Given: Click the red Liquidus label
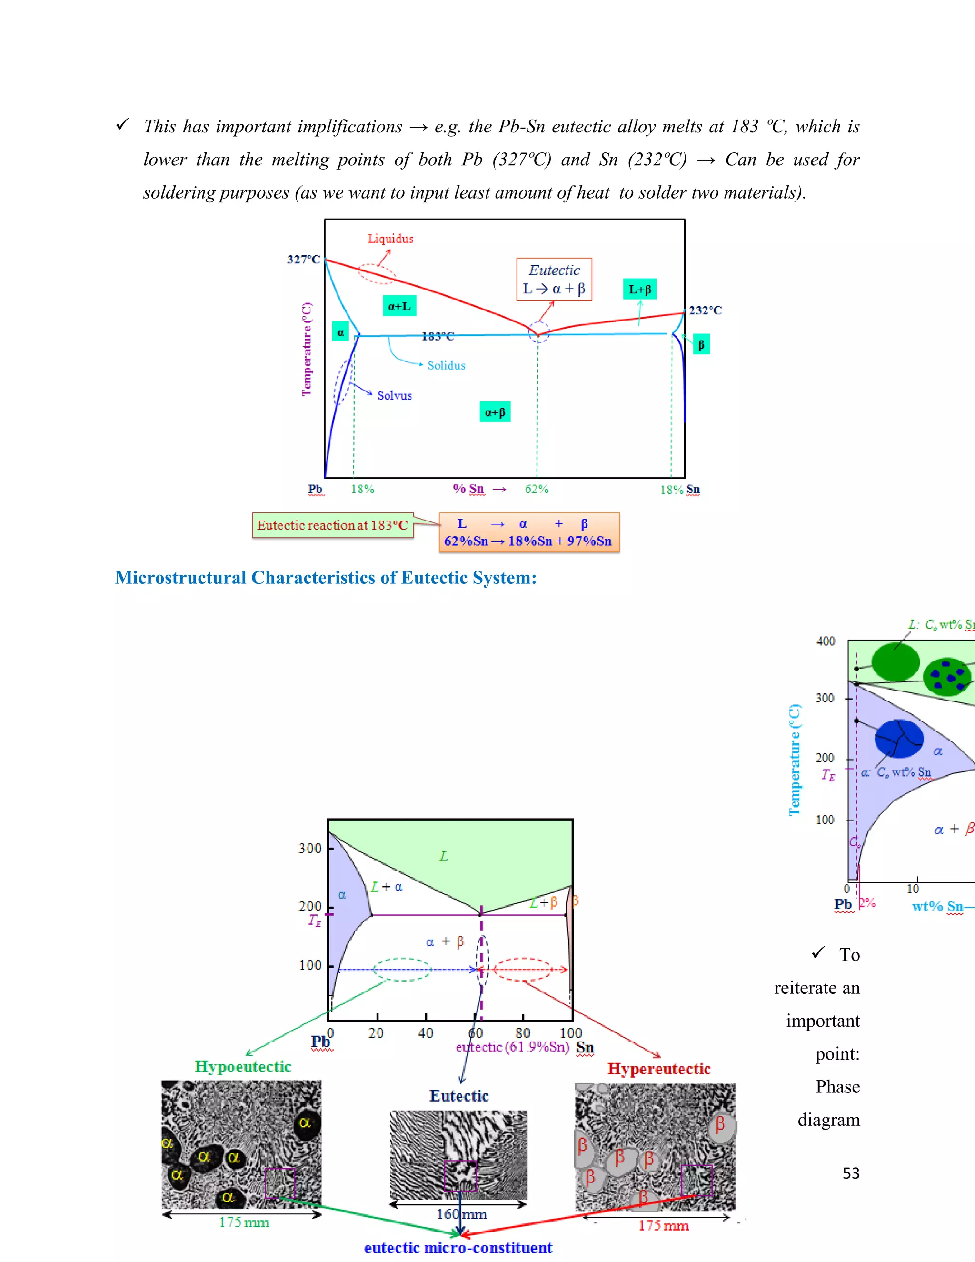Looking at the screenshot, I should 390,239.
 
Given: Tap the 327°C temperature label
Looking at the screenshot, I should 303,260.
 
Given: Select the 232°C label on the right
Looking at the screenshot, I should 705,310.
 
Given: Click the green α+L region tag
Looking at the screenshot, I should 399,306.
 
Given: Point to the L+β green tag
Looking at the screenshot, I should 639,290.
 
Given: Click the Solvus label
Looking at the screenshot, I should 395,396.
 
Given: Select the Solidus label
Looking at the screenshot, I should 446,366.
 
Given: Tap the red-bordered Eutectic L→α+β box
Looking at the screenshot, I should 554,280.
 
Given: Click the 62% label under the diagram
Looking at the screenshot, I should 537,490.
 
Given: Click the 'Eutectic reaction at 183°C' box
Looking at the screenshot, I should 333,525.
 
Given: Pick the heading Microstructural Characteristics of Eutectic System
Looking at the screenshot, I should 326,578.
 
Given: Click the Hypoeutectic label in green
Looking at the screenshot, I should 243,1067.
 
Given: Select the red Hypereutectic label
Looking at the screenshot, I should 658,1069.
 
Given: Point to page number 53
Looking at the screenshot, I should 851,1173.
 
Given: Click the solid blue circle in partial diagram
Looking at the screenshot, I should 899,739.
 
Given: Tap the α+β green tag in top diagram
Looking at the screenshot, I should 495,412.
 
